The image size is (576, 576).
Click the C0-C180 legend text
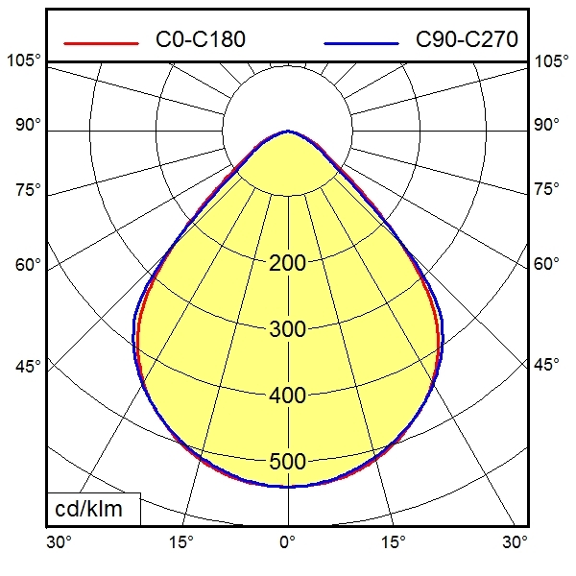pyautogui.click(x=201, y=39)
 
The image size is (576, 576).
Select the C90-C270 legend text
pyautogui.click(x=467, y=39)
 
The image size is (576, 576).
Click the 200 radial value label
pyautogui.click(x=287, y=263)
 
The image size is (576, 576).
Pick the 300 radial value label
pyautogui.click(x=287, y=329)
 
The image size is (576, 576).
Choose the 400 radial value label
pyautogui.click(x=287, y=396)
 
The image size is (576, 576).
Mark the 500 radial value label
pyautogui.click(x=287, y=462)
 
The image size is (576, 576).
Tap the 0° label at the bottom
pyautogui.click(x=287, y=542)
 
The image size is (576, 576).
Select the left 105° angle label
pyautogui.click(x=24, y=61)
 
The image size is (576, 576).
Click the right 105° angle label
pyautogui.click(x=551, y=61)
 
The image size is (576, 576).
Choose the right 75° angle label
pyautogui.click(x=546, y=188)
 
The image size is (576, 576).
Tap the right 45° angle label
pyautogui.click(x=546, y=365)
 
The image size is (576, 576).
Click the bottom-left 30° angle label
pyautogui.click(x=60, y=542)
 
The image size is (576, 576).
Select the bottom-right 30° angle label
pyautogui.click(x=516, y=542)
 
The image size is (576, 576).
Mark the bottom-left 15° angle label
pyautogui.click(x=180, y=542)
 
